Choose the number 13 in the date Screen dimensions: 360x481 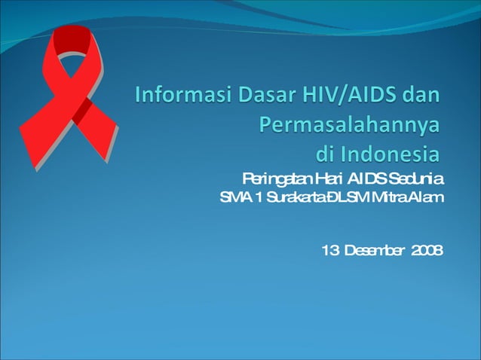(329, 250)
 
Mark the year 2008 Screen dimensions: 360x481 (428, 250)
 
